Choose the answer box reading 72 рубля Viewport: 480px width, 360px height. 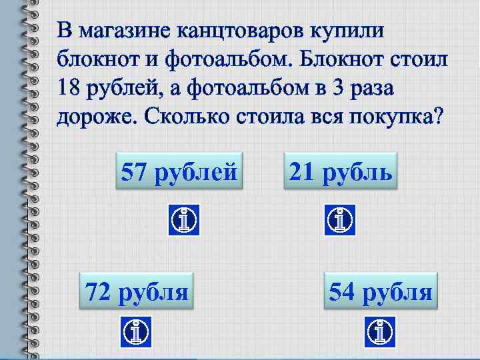(136, 291)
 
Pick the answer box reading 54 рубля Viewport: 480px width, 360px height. (381, 291)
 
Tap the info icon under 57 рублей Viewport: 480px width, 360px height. (183, 219)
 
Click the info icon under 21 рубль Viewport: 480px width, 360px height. (340, 219)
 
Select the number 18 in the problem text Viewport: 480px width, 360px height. (69, 87)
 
